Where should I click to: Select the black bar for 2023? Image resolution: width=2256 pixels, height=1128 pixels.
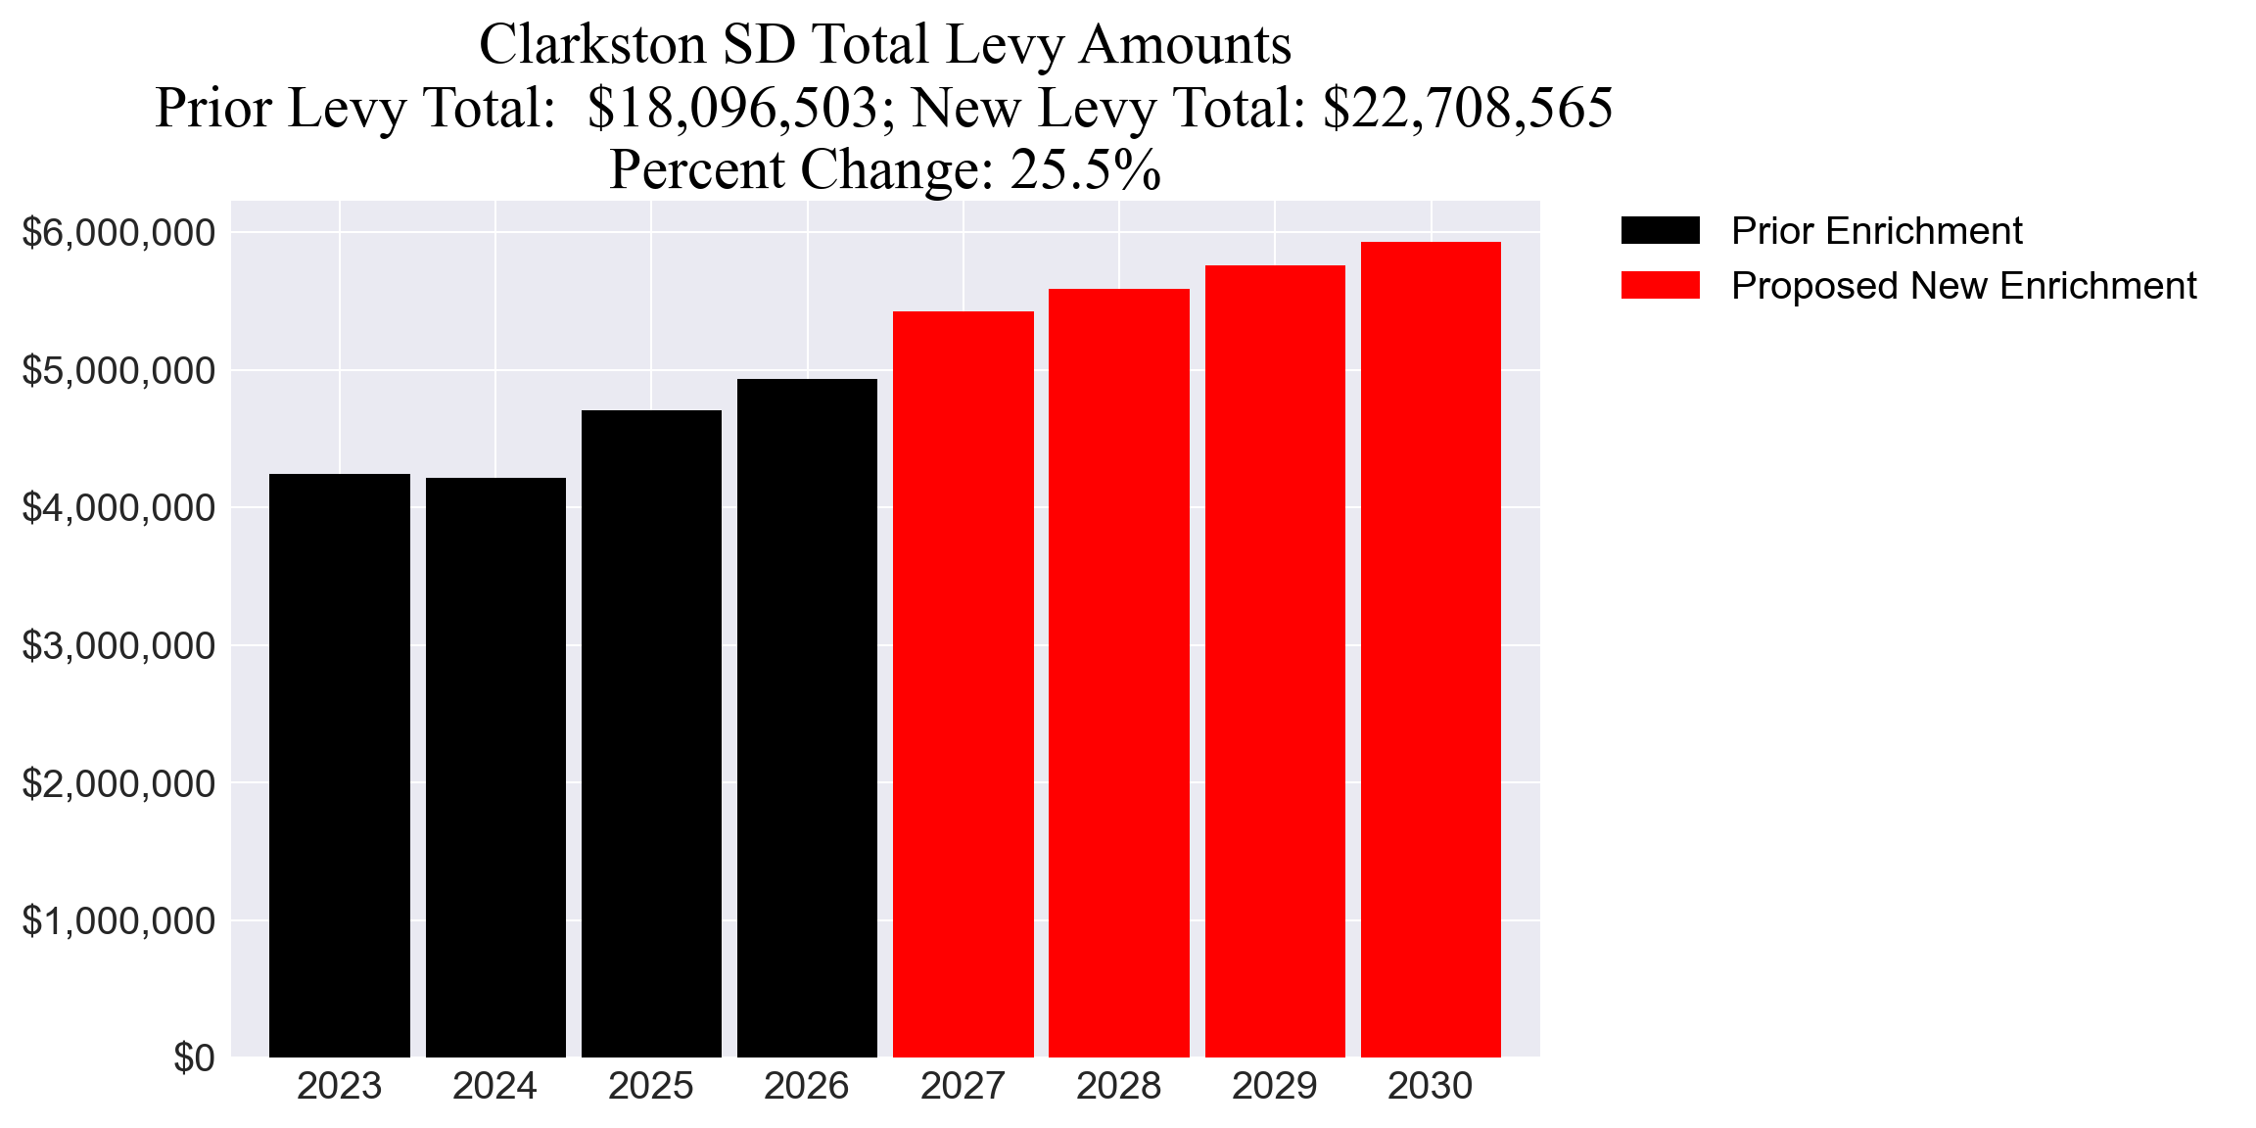pyautogui.click(x=339, y=765)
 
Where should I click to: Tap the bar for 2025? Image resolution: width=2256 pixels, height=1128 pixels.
pyautogui.click(x=651, y=733)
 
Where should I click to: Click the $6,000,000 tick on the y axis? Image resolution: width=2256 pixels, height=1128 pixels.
pyautogui.click(x=118, y=233)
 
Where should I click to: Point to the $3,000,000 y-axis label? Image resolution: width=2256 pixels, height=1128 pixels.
pyautogui.click(x=118, y=646)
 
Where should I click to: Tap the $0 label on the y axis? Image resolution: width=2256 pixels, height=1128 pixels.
pyautogui.click(x=194, y=1058)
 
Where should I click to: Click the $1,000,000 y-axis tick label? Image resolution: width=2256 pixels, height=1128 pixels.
pyautogui.click(x=118, y=921)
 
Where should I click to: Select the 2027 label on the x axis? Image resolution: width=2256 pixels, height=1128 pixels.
pyautogui.click(x=963, y=1087)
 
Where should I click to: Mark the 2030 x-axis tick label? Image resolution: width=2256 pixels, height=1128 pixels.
pyautogui.click(x=1430, y=1087)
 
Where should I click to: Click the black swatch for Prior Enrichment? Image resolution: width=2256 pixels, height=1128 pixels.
pyautogui.click(x=1660, y=231)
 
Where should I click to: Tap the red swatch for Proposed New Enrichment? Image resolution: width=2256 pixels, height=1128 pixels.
pyautogui.click(x=1660, y=286)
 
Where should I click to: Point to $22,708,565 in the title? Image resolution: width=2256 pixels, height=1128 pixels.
pyautogui.click(x=1467, y=108)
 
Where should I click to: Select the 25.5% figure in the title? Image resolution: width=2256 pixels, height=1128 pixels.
pyautogui.click(x=1085, y=170)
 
